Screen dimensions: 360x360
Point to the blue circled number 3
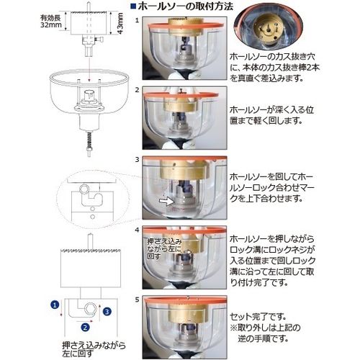click(106, 311)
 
